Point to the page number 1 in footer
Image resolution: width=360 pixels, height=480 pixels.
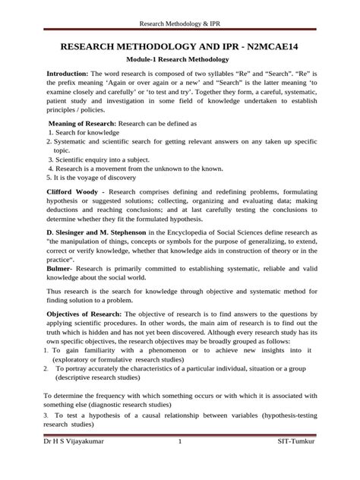tap(180, 463)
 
